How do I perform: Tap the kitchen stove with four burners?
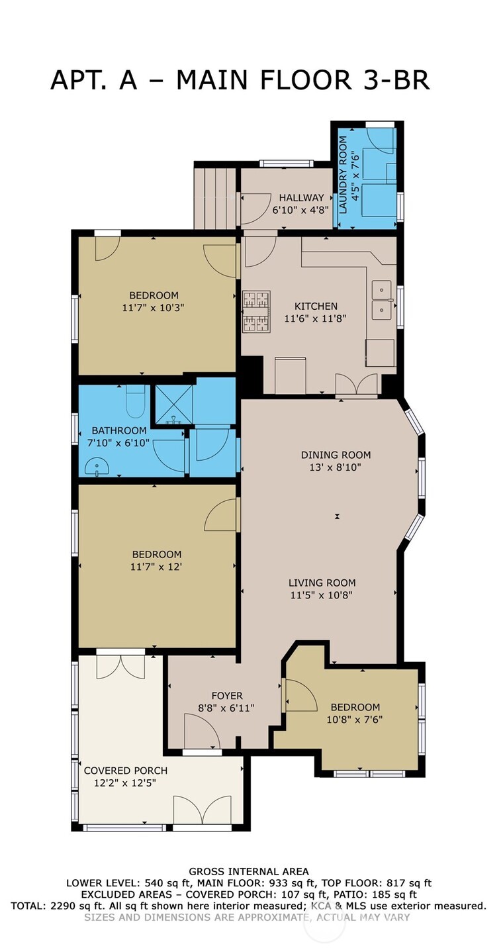(x=256, y=311)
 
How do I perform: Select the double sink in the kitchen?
(x=382, y=300)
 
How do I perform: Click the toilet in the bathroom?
(x=135, y=403)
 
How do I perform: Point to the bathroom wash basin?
(x=100, y=468)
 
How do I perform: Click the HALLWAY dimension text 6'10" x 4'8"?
(x=301, y=209)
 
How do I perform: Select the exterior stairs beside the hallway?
(x=215, y=197)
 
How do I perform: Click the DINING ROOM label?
(x=336, y=455)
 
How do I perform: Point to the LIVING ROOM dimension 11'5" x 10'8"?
(x=322, y=595)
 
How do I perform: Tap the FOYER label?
(x=227, y=696)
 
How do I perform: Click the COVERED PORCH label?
(x=125, y=771)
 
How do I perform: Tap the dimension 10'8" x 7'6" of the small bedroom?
(x=355, y=719)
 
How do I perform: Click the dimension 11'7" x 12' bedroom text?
(x=156, y=566)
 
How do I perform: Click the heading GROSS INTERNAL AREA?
(x=248, y=871)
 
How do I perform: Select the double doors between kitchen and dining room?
(x=356, y=385)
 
